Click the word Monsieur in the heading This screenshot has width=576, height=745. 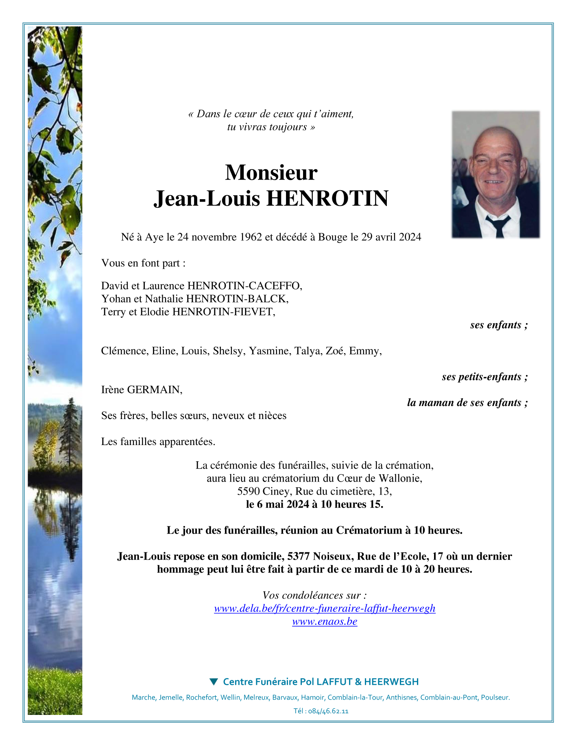click(x=271, y=173)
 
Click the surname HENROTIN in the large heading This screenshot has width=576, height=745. click(x=327, y=199)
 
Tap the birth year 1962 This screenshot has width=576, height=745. click(x=251, y=237)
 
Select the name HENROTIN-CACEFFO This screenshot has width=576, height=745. click(x=244, y=286)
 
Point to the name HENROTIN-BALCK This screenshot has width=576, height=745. click(x=237, y=299)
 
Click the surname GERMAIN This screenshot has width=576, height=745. click(x=155, y=390)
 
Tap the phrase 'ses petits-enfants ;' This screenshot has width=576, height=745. click(x=484, y=377)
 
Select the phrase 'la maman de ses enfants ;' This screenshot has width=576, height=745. click(x=467, y=402)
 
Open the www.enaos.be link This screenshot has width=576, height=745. click(x=325, y=621)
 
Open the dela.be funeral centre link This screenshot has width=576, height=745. click(x=325, y=608)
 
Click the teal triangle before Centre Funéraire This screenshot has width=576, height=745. click(x=214, y=682)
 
